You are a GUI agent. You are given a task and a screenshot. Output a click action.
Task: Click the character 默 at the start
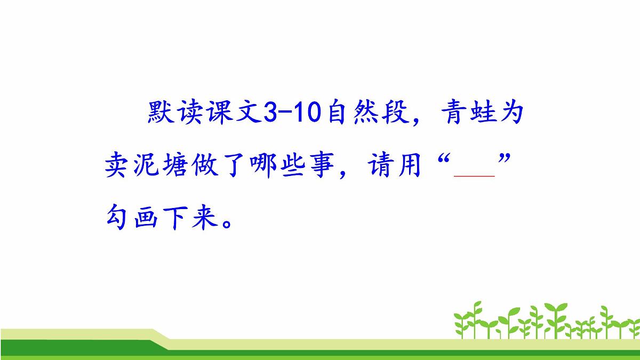(x=162, y=114)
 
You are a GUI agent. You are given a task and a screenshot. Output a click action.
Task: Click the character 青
(x=446, y=114)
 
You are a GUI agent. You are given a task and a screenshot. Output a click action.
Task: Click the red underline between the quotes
(x=474, y=175)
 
